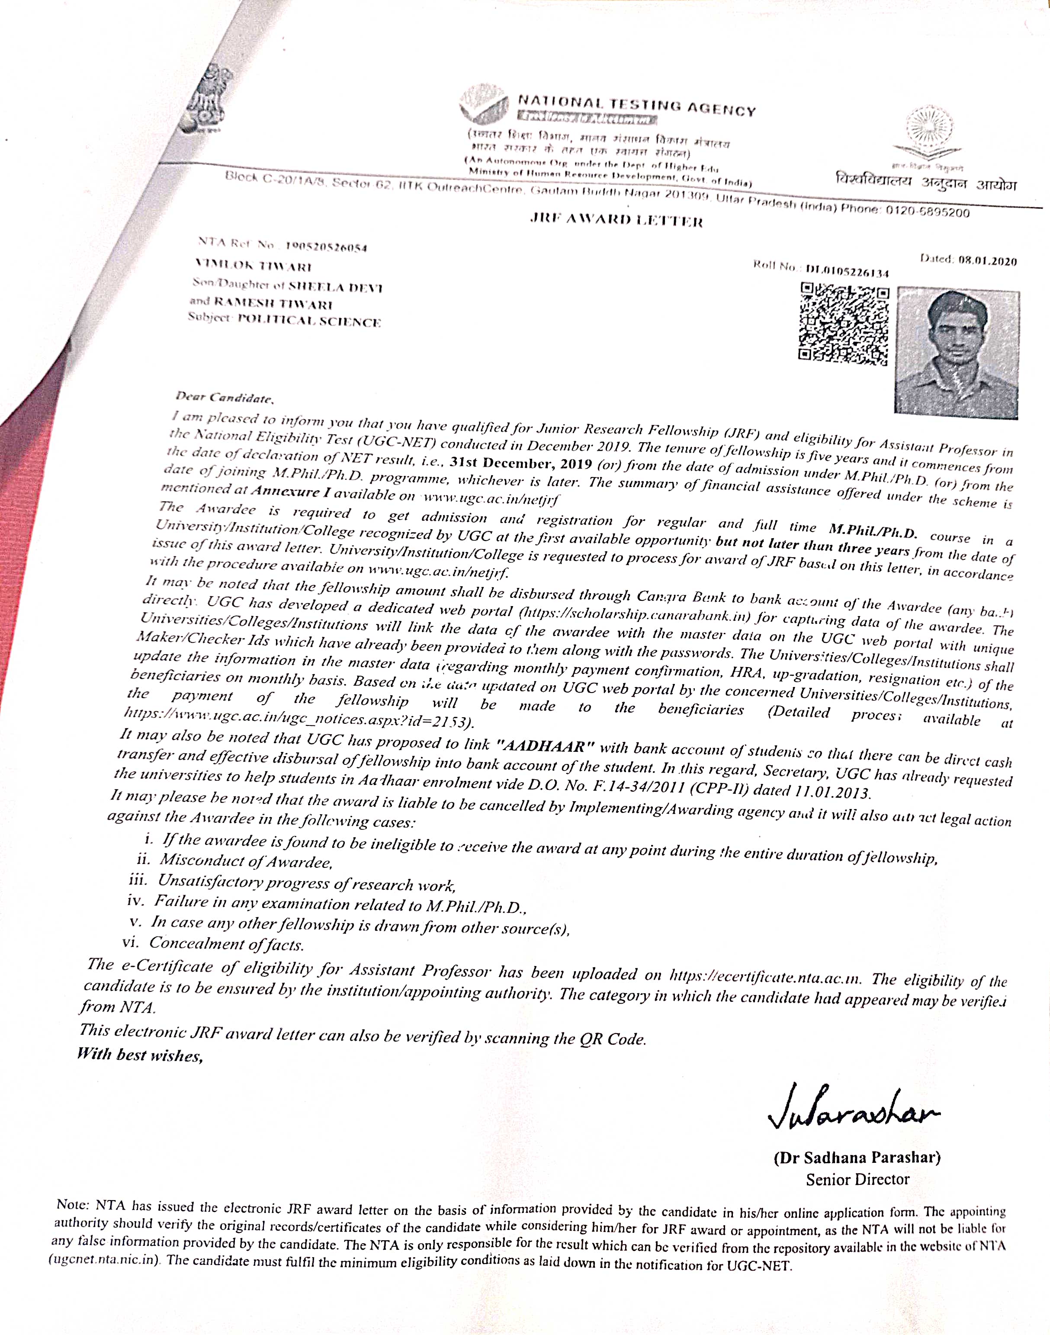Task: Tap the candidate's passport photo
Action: (x=957, y=352)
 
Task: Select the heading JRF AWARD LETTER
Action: (x=616, y=220)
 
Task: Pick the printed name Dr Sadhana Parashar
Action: (x=857, y=1158)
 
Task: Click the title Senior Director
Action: (x=857, y=1180)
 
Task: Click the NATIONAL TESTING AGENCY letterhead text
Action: (x=637, y=105)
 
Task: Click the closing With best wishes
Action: (x=140, y=1055)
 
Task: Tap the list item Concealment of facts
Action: (x=227, y=943)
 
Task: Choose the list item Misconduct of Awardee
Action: (x=246, y=861)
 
